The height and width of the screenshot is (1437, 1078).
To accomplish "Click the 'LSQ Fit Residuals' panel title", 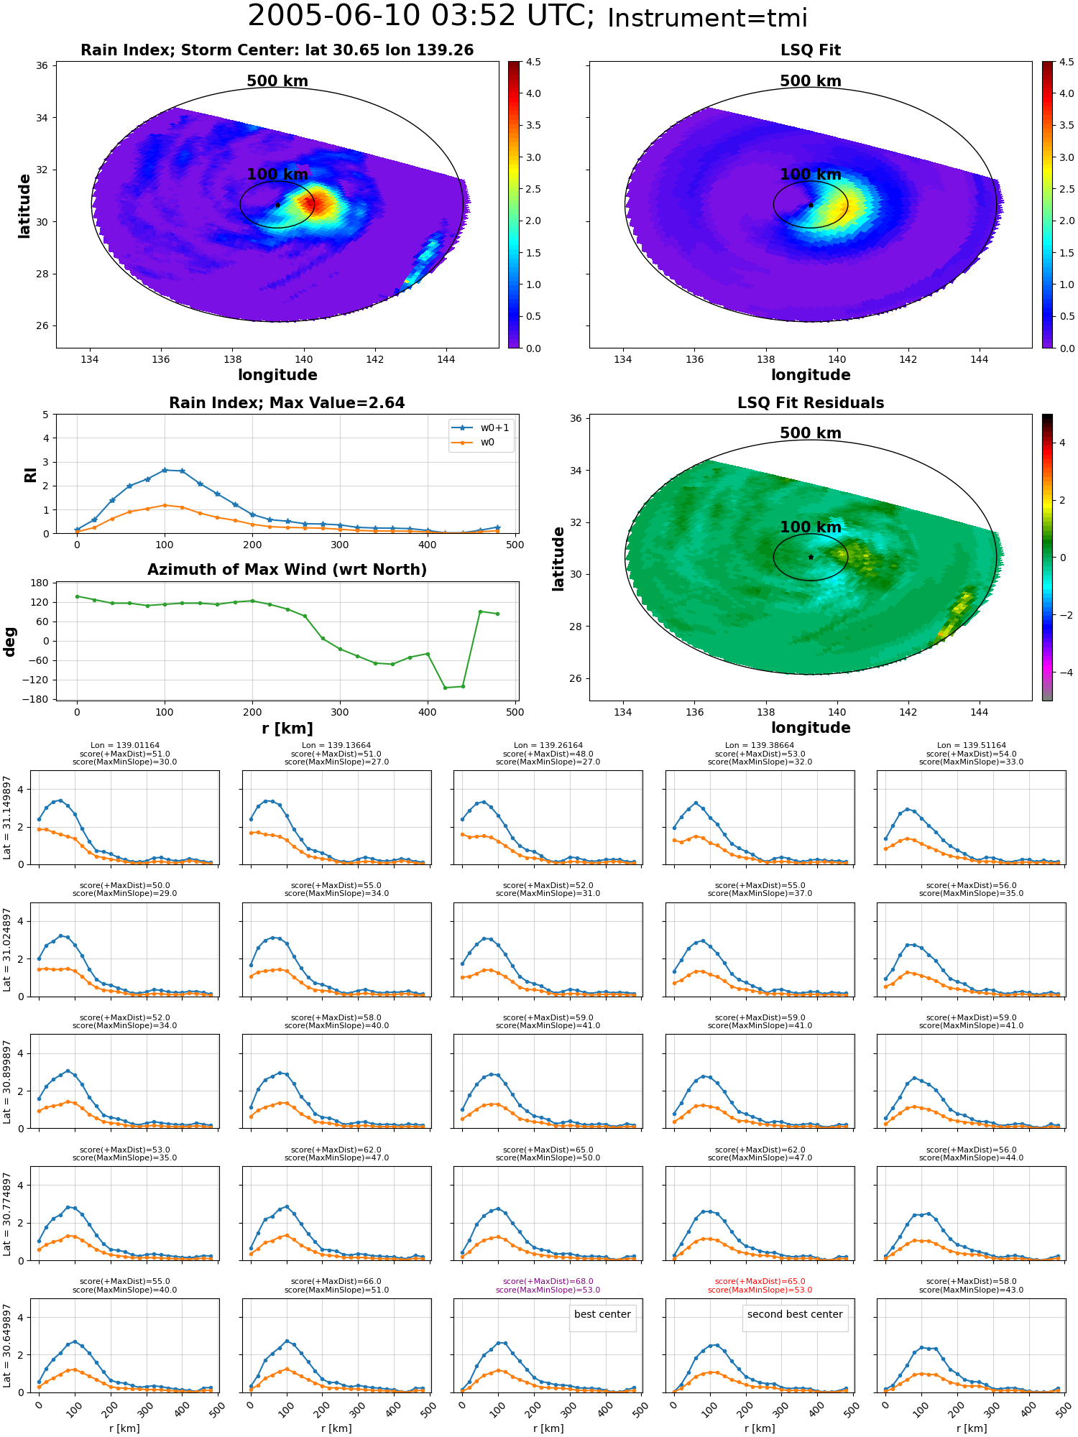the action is [x=811, y=403].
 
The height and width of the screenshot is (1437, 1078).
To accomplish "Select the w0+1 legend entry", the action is [x=480, y=428].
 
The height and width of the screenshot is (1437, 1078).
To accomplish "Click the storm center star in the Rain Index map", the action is [x=277, y=205].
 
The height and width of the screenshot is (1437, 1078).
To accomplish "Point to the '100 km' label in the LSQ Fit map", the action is [x=811, y=175].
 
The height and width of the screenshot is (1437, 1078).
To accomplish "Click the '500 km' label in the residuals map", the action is [x=811, y=433].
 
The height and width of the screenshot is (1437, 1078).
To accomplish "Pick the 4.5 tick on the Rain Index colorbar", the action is [x=533, y=62].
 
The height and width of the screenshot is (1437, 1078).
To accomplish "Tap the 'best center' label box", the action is [x=602, y=1314].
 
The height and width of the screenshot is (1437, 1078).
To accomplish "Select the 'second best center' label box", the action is [x=795, y=1314].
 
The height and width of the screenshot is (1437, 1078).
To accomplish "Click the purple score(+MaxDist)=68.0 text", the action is [x=548, y=1282].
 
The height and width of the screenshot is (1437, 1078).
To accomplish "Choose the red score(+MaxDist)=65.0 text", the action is [x=760, y=1282].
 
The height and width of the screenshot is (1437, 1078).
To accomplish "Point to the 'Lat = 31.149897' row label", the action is [x=7, y=818].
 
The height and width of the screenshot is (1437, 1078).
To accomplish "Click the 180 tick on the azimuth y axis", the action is [x=40, y=583].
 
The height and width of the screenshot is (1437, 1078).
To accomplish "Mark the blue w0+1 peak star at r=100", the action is [x=165, y=470].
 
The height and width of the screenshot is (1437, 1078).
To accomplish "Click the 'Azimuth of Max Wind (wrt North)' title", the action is [x=287, y=570].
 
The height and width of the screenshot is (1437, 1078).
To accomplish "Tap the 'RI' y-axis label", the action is [x=31, y=475].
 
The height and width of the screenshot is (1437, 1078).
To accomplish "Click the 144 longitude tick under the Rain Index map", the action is [x=446, y=359].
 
